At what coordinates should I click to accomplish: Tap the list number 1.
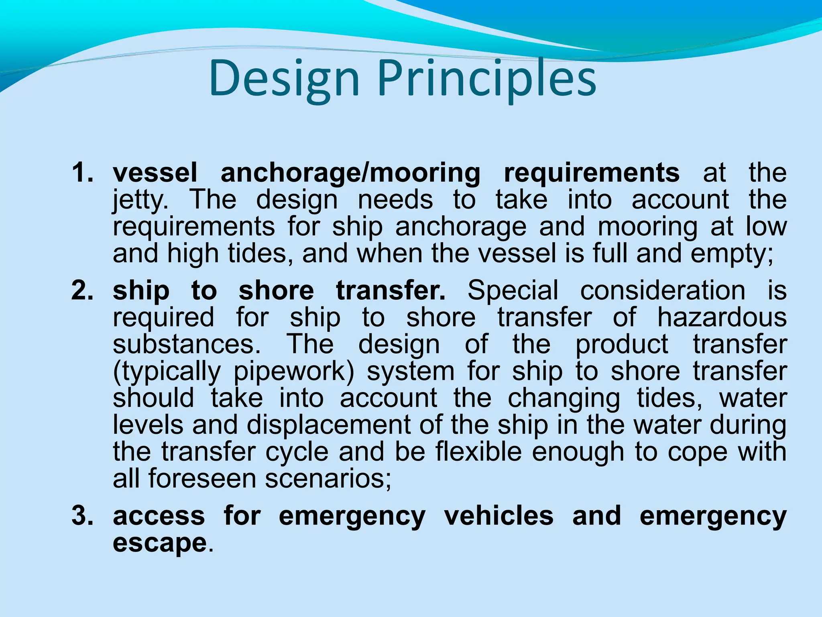82,173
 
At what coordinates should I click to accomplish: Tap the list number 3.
82,516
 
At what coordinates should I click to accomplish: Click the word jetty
140,200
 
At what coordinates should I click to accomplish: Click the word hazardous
722,317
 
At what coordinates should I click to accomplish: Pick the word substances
187,344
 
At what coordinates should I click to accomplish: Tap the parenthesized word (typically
167,372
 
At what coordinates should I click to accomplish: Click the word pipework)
294,372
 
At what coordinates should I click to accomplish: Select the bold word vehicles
498,516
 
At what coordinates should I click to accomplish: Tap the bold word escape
159,543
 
